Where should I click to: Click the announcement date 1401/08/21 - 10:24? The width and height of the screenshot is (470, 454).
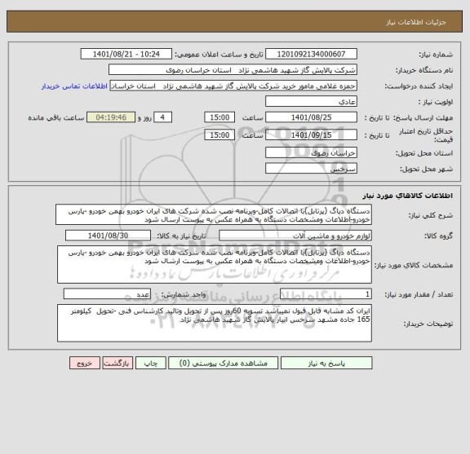(x=127, y=54)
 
